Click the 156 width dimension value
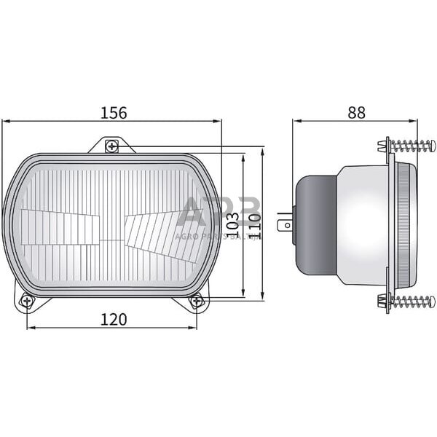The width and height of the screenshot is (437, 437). (114, 112)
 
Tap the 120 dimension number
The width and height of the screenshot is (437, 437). (114, 319)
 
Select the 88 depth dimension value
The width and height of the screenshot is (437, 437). (356, 112)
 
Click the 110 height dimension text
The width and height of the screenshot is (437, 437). (254, 227)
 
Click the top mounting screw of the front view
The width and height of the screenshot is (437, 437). (111, 146)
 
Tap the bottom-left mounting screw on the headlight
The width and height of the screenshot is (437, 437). (27, 300)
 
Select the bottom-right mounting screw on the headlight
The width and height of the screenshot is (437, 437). (196, 300)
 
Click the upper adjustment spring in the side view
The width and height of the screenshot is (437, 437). (412, 146)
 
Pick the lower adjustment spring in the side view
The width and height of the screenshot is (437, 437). (412, 300)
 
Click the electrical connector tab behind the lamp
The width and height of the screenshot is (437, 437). (286, 224)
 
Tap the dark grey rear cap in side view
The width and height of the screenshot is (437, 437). (315, 224)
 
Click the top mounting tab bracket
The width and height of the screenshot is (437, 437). (111, 144)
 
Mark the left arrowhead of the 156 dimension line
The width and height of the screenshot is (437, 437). (6, 122)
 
